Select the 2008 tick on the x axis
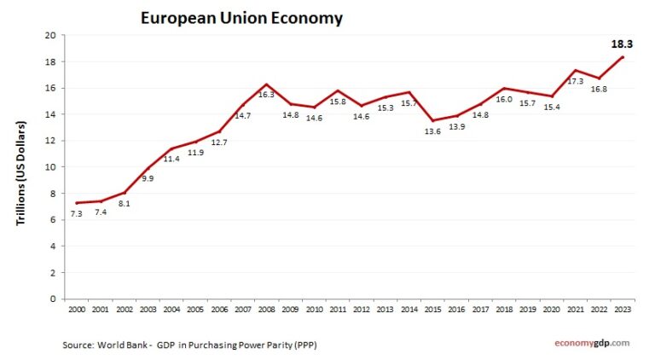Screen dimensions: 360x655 (266, 309)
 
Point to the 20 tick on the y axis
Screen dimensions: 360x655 (49, 36)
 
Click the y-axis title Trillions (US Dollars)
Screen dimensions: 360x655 (21, 173)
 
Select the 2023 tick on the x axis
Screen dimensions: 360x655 (623, 309)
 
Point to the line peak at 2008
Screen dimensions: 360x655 (266, 84)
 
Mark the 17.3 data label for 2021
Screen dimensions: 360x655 (576, 82)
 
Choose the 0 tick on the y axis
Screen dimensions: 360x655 (52, 299)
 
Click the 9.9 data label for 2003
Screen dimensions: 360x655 (148, 178)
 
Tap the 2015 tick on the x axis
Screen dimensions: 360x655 (432, 309)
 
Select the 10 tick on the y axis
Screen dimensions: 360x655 (49, 167)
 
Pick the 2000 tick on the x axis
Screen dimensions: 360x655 (76, 309)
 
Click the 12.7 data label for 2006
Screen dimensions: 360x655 (218, 142)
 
